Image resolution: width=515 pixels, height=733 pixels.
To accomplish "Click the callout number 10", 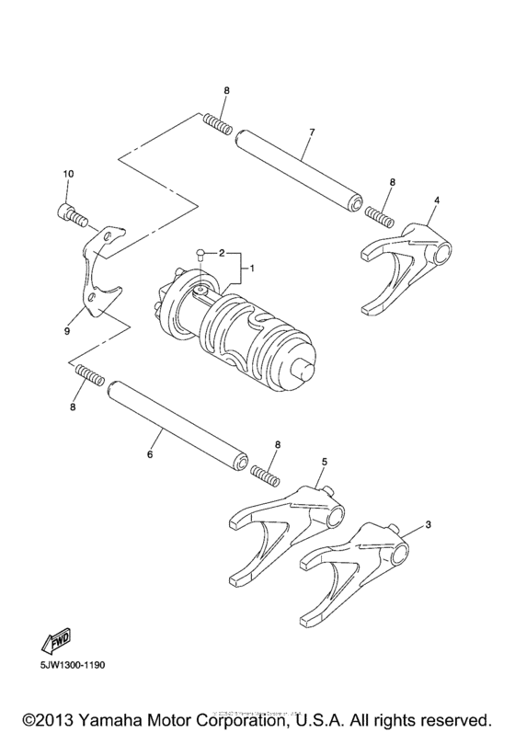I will [x=67, y=174].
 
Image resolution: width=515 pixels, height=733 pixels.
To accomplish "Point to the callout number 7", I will [x=312, y=132].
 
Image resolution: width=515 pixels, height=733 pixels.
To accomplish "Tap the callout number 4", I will [x=436, y=200].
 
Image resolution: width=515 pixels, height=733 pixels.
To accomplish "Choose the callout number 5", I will [x=324, y=461].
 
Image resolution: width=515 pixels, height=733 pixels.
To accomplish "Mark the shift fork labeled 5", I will [x=285, y=524].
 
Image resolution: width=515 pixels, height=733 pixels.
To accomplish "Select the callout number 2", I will [x=221, y=250].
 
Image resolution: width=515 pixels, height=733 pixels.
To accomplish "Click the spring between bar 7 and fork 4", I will [x=380, y=215].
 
